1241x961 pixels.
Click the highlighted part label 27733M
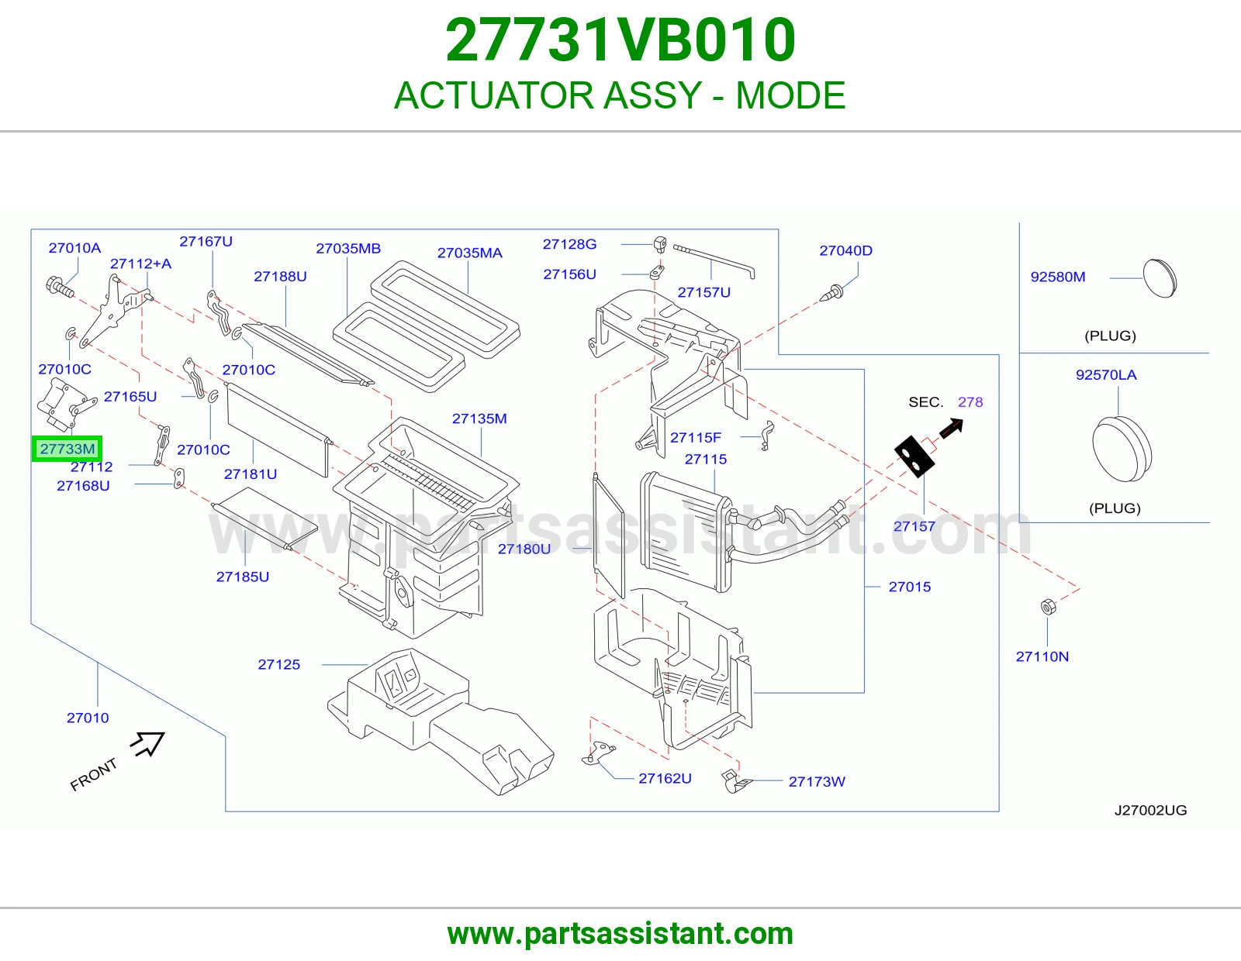(x=67, y=449)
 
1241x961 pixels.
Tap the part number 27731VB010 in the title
(x=620, y=40)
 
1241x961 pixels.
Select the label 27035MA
(x=469, y=253)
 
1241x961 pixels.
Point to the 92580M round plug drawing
(x=1160, y=278)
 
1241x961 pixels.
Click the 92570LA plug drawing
(x=1122, y=449)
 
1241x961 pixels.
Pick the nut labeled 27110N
(x=1048, y=607)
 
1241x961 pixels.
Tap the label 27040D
(x=845, y=250)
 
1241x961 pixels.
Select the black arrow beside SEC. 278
(x=951, y=429)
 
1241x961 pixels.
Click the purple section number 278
(x=970, y=402)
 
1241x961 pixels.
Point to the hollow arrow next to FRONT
(x=148, y=743)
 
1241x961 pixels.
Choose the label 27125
(x=278, y=664)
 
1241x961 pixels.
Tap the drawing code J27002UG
(x=1150, y=811)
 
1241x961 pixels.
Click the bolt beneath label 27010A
(x=60, y=287)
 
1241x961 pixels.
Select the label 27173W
(x=817, y=782)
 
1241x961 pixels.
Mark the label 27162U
(x=665, y=778)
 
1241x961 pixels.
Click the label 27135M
(x=479, y=418)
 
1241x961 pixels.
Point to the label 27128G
(x=569, y=244)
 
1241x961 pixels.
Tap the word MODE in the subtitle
(x=790, y=95)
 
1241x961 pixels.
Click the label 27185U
(x=242, y=577)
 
